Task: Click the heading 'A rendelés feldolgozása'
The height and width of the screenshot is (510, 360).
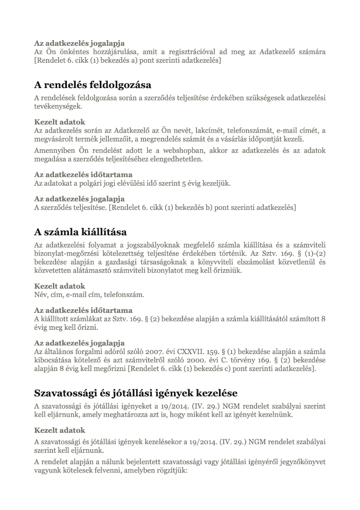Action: click(x=93, y=84)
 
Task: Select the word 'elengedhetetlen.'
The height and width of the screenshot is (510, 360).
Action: click(x=176, y=159)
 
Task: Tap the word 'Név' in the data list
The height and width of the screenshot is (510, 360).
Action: click(x=41, y=295)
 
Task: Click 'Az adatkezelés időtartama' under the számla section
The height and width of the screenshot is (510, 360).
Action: click(x=83, y=310)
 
